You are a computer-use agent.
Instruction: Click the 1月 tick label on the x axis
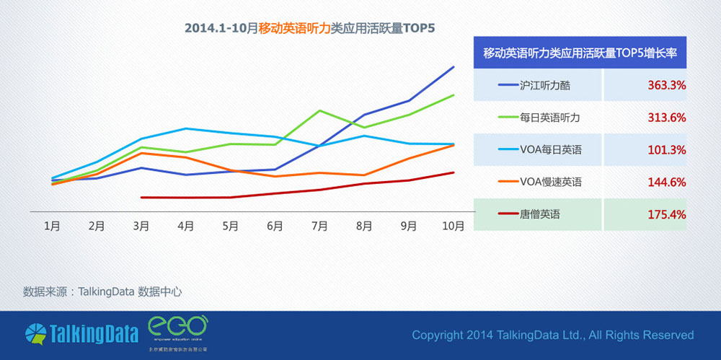(x=52, y=226)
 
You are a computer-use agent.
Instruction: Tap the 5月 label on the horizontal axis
(x=230, y=226)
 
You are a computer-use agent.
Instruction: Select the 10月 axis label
(x=453, y=226)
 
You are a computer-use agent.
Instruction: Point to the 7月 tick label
(x=319, y=226)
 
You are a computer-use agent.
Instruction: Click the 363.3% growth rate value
(x=666, y=85)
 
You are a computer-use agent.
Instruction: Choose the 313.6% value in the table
(x=666, y=118)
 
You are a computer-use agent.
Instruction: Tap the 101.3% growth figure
(x=666, y=150)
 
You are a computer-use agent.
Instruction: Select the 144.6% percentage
(x=666, y=183)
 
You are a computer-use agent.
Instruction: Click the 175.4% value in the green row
(x=666, y=214)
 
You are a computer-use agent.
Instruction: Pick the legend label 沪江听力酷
(x=544, y=85)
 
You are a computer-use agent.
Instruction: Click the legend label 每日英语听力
(x=549, y=118)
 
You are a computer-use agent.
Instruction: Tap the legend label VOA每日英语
(x=550, y=150)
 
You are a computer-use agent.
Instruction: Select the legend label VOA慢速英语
(x=550, y=183)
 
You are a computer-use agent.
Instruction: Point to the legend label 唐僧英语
(x=539, y=214)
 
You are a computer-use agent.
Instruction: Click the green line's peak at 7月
(x=319, y=110)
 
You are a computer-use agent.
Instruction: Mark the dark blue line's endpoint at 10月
(x=454, y=67)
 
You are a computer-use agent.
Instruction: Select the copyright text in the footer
(x=552, y=335)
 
